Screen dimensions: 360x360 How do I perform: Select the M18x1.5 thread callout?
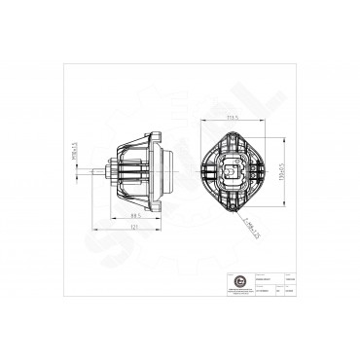pos(74,153)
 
